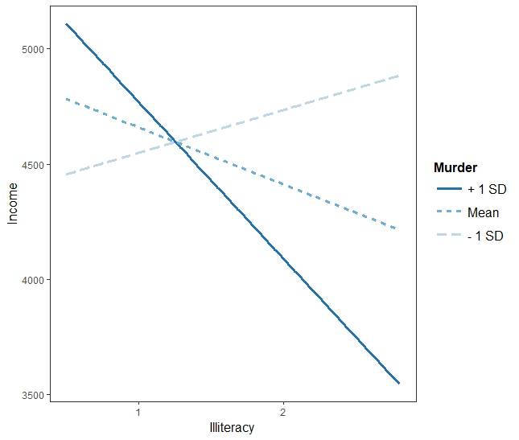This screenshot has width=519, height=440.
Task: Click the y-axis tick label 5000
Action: click(x=33, y=49)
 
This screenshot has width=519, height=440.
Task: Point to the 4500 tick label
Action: click(x=33, y=165)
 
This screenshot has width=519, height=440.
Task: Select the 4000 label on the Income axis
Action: click(x=33, y=280)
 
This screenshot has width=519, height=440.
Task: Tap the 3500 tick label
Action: click(x=33, y=396)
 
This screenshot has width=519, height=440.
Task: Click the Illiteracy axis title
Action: click(x=232, y=427)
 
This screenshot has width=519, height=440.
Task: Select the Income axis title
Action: click(x=12, y=203)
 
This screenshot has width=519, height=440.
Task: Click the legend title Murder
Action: click(x=455, y=168)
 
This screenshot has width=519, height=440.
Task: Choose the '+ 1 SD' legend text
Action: click(x=485, y=189)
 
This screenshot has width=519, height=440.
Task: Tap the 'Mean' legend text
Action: click(x=483, y=213)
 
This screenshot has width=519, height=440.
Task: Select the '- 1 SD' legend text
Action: click(x=484, y=236)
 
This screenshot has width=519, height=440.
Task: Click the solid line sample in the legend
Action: click(x=447, y=189)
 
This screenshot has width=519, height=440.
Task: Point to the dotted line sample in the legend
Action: click(x=447, y=213)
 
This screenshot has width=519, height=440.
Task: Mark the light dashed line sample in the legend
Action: click(x=447, y=236)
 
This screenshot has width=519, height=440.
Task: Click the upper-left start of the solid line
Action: click(x=67, y=24)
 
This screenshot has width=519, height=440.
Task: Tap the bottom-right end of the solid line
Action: click(x=398, y=383)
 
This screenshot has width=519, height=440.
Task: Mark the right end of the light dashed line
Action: click(x=398, y=76)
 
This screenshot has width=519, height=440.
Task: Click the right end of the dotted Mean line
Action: click(x=396, y=229)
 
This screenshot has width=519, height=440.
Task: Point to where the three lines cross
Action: click(x=176, y=142)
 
